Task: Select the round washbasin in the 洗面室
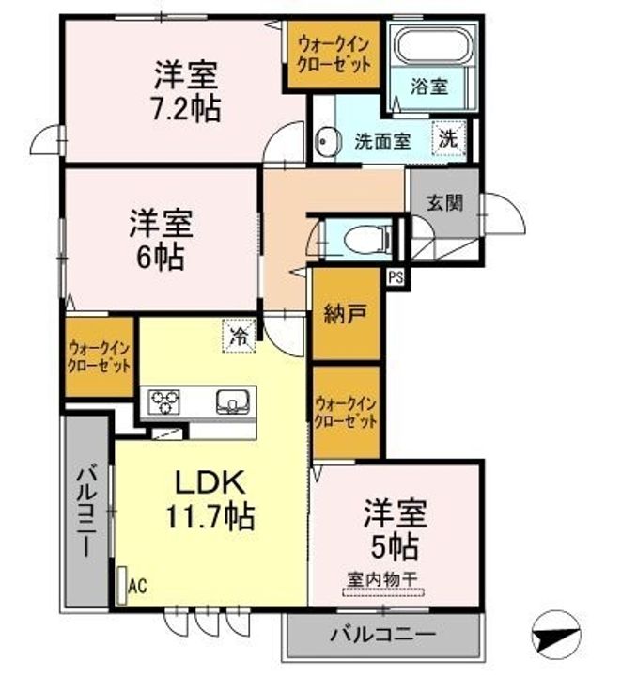[x=327, y=141]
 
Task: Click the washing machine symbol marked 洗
[x=449, y=138]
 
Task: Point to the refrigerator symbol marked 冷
[x=239, y=336]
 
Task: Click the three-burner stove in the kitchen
[x=163, y=401]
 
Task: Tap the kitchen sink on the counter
[x=233, y=401]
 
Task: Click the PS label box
[x=396, y=277]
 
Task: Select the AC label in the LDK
[x=138, y=586]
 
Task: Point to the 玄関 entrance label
[x=444, y=202]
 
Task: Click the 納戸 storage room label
[x=346, y=314]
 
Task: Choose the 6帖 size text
[x=161, y=257]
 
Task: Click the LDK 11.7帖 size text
[x=210, y=516]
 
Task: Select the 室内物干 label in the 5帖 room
[x=382, y=579]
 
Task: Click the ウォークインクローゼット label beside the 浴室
[x=334, y=55]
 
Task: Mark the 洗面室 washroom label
[x=382, y=141]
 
